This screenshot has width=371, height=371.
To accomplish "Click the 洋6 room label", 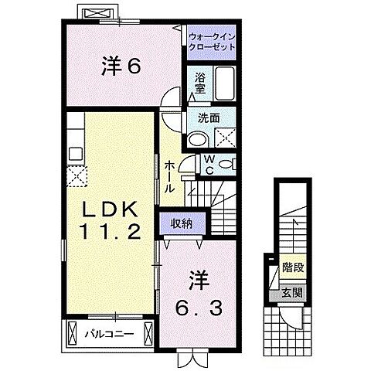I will click(x=120, y=66).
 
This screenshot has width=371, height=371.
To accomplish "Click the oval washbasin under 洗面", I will click(x=196, y=139).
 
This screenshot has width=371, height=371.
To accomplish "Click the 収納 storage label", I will click(x=183, y=223).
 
